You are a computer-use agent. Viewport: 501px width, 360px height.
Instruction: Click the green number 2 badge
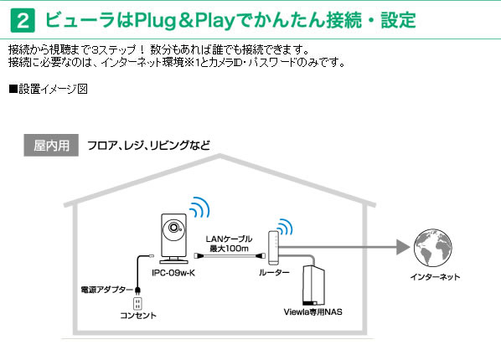click(x=23, y=20)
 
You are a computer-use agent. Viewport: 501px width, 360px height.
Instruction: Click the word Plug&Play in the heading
click(x=184, y=20)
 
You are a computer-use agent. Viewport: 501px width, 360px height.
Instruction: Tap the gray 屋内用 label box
click(x=51, y=146)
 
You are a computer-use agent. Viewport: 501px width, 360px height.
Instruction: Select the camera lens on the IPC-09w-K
click(x=173, y=228)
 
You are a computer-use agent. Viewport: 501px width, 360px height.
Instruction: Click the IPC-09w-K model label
click(x=173, y=273)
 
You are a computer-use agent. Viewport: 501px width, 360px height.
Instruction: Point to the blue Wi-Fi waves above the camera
click(x=200, y=208)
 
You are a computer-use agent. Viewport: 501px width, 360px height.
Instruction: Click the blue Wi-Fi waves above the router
click(x=285, y=227)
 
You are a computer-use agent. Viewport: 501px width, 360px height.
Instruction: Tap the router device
click(x=273, y=248)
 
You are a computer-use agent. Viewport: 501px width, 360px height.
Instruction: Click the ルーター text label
click(x=274, y=272)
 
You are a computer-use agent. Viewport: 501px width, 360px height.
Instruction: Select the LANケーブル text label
click(x=229, y=239)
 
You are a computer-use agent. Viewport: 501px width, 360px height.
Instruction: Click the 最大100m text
click(x=229, y=249)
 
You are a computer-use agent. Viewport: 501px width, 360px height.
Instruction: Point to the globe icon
click(x=433, y=248)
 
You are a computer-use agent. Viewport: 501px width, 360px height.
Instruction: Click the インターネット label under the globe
click(x=435, y=276)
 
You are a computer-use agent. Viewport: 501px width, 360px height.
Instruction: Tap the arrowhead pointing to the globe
click(x=403, y=247)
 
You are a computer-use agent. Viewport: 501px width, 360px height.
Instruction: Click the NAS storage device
click(x=314, y=285)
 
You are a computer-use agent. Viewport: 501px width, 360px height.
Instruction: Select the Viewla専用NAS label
click(x=312, y=311)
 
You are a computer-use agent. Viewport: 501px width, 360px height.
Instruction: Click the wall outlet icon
click(x=137, y=303)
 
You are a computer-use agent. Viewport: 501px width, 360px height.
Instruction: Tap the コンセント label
click(x=138, y=316)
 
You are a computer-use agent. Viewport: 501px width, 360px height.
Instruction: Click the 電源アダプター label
click(x=106, y=290)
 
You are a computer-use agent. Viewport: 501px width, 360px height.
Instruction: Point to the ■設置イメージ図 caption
click(x=48, y=89)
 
